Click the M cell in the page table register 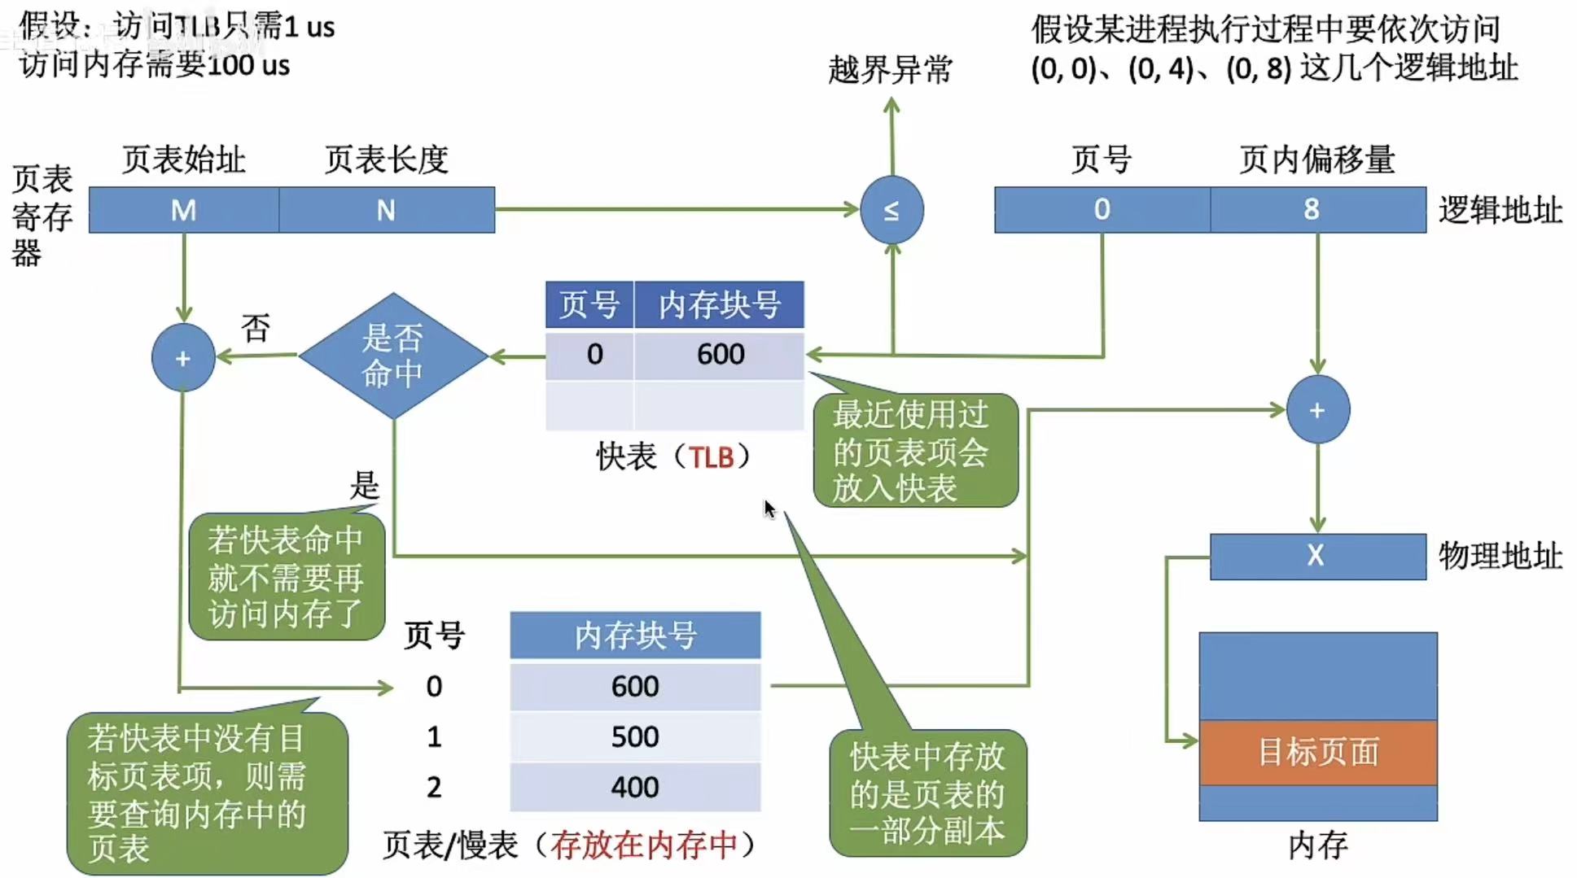coord(184,210)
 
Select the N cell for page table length coord(387,210)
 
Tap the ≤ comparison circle coord(891,210)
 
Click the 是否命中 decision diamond coord(393,356)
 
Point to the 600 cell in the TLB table coord(720,354)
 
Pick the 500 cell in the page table coord(635,736)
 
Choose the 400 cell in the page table coord(635,787)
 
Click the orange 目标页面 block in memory coord(1318,752)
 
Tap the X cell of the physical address coord(1317,556)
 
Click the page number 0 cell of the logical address coord(1102,210)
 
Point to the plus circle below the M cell coord(183,358)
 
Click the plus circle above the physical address coord(1317,410)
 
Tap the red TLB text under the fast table coord(712,457)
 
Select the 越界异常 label coord(890,70)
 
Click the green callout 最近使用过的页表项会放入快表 coord(915,451)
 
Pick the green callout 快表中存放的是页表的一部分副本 coord(927,793)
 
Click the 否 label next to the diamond coord(256,329)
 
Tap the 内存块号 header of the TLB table coord(719,305)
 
